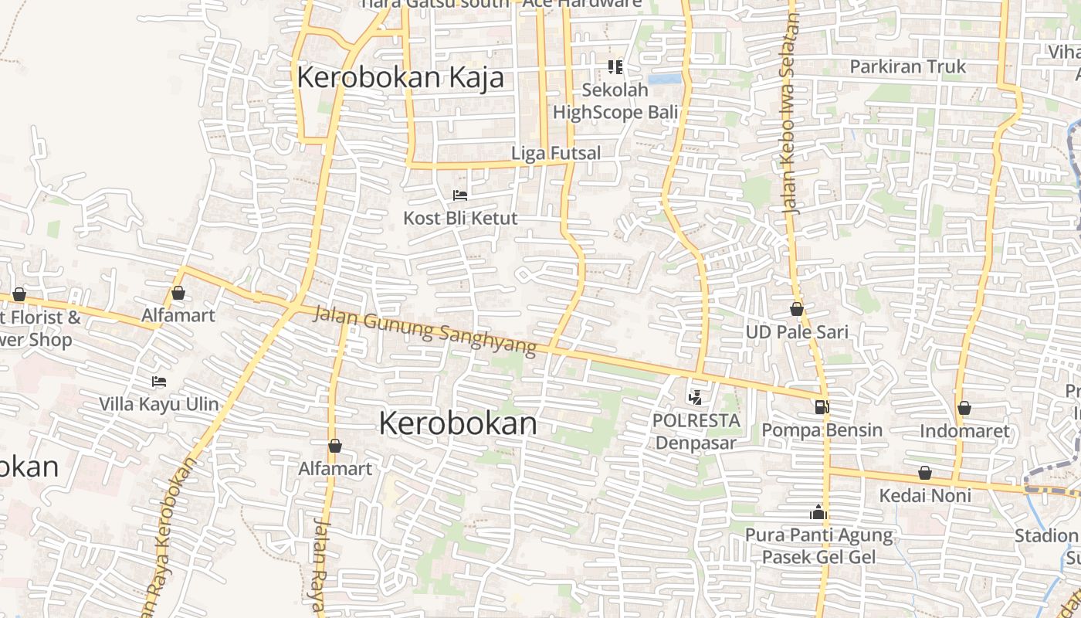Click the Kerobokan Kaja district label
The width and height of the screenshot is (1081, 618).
click(400, 77)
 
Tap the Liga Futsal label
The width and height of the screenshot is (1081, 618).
click(556, 153)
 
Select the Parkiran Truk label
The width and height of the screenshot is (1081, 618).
click(907, 66)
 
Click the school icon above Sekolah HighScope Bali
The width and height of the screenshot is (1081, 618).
click(615, 67)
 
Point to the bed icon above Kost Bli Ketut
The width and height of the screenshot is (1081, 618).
click(460, 195)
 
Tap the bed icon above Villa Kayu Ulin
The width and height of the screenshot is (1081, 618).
click(159, 382)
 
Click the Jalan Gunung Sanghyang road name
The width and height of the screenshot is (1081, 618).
click(425, 331)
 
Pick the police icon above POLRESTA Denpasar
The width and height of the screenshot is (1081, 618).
click(696, 398)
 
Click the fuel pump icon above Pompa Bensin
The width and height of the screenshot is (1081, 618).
click(822, 406)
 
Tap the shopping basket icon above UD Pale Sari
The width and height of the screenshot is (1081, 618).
click(797, 309)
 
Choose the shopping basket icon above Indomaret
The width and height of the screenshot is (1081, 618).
click(964, 408)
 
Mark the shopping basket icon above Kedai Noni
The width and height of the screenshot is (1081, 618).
click(924, 473)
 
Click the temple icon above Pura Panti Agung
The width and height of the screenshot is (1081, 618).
click(818, 512)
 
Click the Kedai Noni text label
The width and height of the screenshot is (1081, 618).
click(925, 495)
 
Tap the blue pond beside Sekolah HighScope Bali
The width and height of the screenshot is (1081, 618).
click(665, 79)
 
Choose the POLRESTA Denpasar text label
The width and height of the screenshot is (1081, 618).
click(696, 432)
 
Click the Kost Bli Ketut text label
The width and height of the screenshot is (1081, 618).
click(460, 219)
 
